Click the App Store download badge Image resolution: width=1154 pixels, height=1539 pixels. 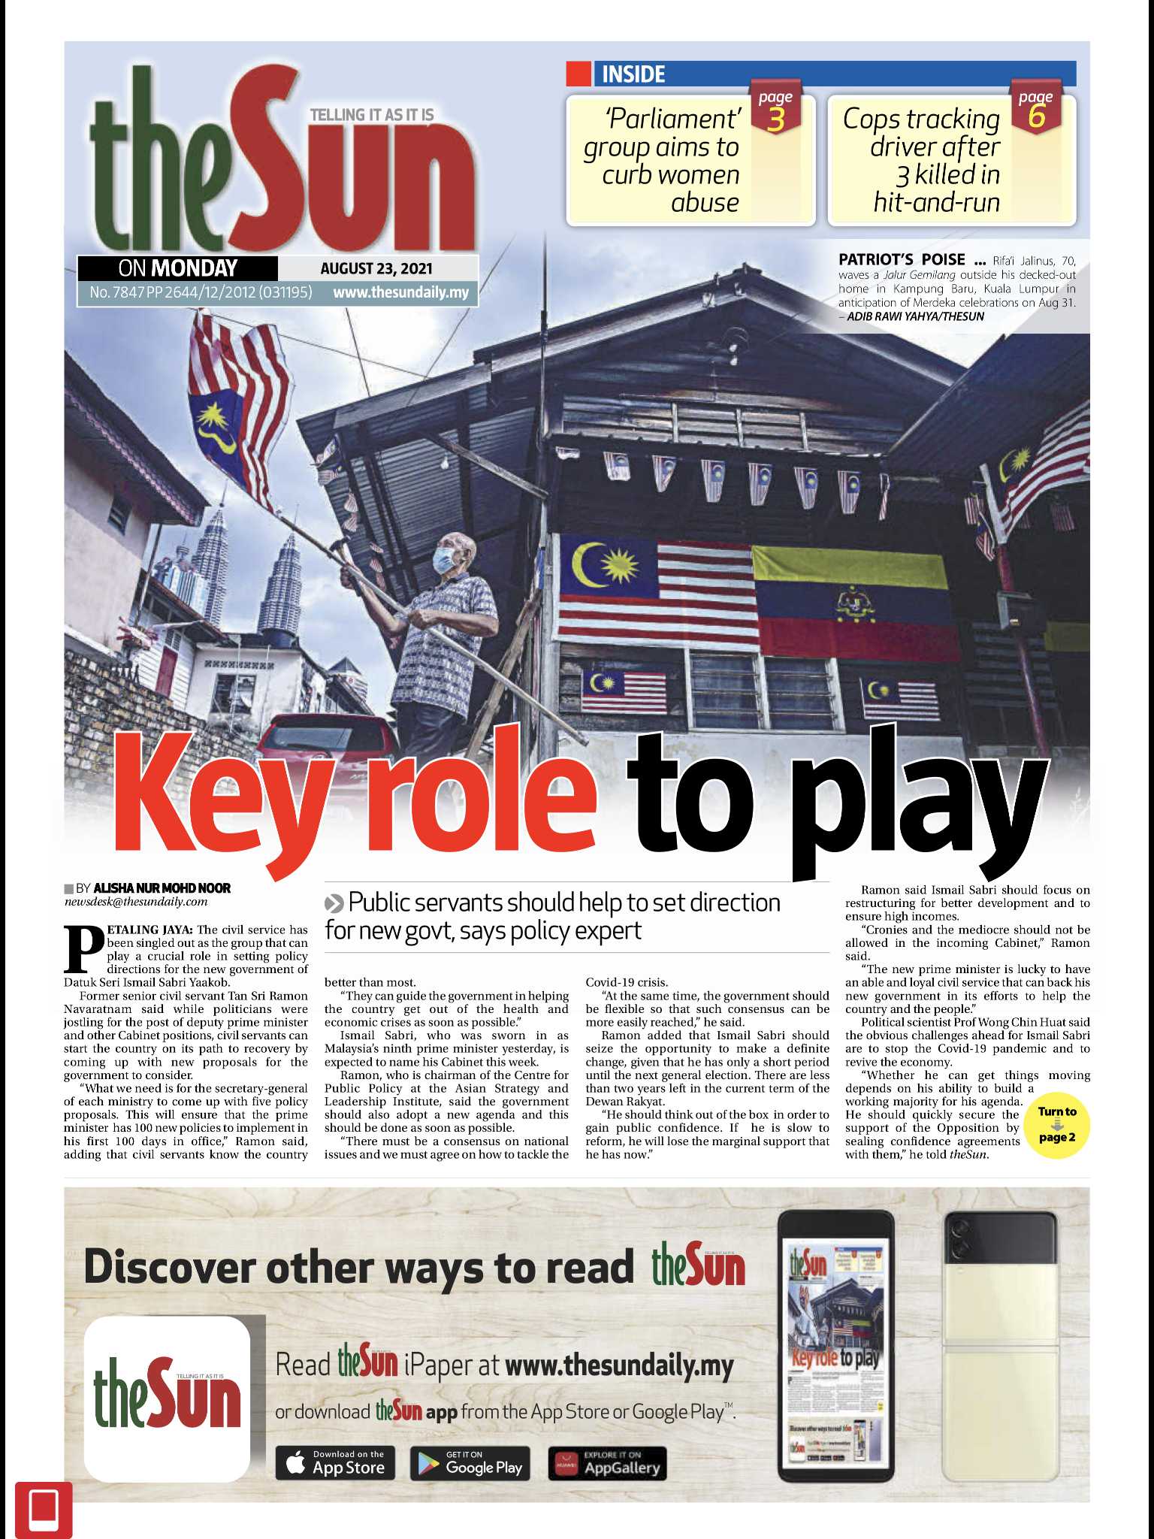pos(335,1463)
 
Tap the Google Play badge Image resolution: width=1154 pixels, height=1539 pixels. pos(470,1463)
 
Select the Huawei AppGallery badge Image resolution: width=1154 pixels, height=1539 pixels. pos(607,1463)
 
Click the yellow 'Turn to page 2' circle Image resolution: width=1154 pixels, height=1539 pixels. pos(1057,1124)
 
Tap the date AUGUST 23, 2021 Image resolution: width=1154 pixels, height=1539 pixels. pos(376,268)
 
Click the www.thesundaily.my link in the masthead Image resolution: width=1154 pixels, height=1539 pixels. pos(401,292)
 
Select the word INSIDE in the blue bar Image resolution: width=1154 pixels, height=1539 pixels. pos(633,74)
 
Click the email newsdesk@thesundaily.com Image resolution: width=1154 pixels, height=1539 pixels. pos(135,902)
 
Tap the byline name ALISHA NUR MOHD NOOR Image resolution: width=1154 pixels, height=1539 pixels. pos(162,887)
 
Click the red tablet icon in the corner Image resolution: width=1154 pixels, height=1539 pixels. pos(44,1509)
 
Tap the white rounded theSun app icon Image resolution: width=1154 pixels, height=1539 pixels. pos(167,1398)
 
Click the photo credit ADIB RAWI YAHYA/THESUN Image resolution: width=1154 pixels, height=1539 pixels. pos(915,316)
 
